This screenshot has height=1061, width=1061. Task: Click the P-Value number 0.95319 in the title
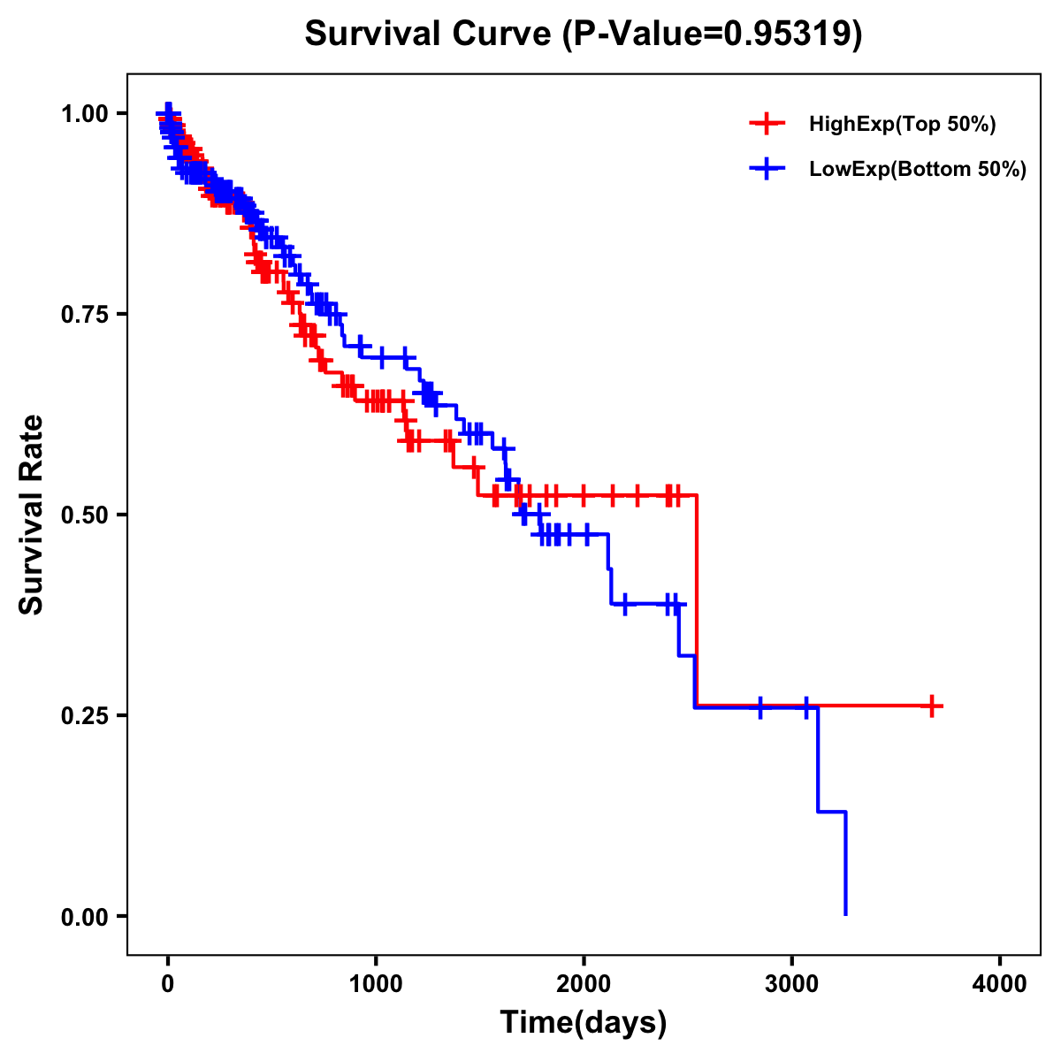(789, 34)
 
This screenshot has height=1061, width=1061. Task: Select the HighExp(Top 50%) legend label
(902, 125)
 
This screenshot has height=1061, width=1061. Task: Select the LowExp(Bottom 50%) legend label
(917, 169)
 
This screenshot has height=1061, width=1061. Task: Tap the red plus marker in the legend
(767, 124)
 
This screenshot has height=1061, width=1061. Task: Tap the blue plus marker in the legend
(767, 168)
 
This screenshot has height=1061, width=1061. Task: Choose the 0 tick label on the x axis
(168, 983)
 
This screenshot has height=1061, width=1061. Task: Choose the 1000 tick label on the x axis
(376, 983)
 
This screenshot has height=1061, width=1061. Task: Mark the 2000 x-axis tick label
(584, 983)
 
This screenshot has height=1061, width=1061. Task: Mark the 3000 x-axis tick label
(791, 983)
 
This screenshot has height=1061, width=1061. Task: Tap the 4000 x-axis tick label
(1000, 983)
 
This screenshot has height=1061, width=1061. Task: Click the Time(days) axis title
(584, 1023)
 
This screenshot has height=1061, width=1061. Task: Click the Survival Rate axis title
(32, 515)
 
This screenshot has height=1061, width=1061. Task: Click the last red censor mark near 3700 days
(932, 706)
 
